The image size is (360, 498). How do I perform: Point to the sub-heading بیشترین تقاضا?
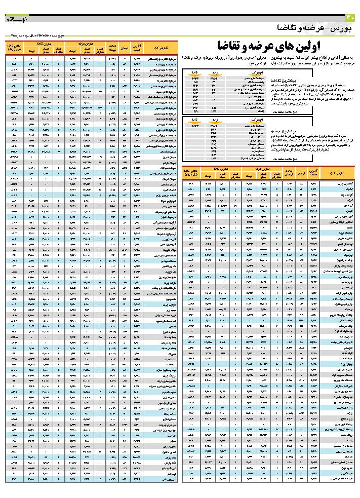point(335,81)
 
